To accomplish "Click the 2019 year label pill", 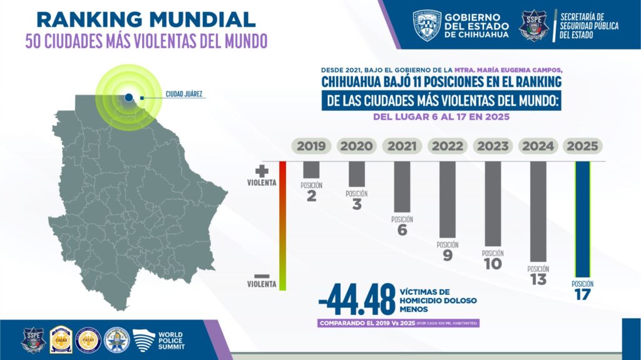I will pos(311,147).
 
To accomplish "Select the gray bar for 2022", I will pos(448,198).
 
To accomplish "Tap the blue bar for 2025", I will pos(582,219).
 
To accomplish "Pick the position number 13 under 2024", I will pos(538,279).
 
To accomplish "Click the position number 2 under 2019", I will pos(311,197).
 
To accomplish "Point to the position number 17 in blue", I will pos(582,294).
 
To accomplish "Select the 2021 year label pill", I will pos(402,147).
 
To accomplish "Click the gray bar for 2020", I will pos(357,173).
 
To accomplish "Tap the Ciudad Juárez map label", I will pos(183,95).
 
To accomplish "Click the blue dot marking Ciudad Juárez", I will pos(128,97).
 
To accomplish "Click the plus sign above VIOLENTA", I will pos(262,171).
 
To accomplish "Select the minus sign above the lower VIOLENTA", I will pos(262,275).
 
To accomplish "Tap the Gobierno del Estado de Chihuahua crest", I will pos(427,25).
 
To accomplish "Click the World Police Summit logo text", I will pos(171,340).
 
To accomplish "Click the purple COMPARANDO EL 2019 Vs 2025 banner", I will pos(398,324).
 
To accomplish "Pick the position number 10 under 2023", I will pos(493,264).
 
